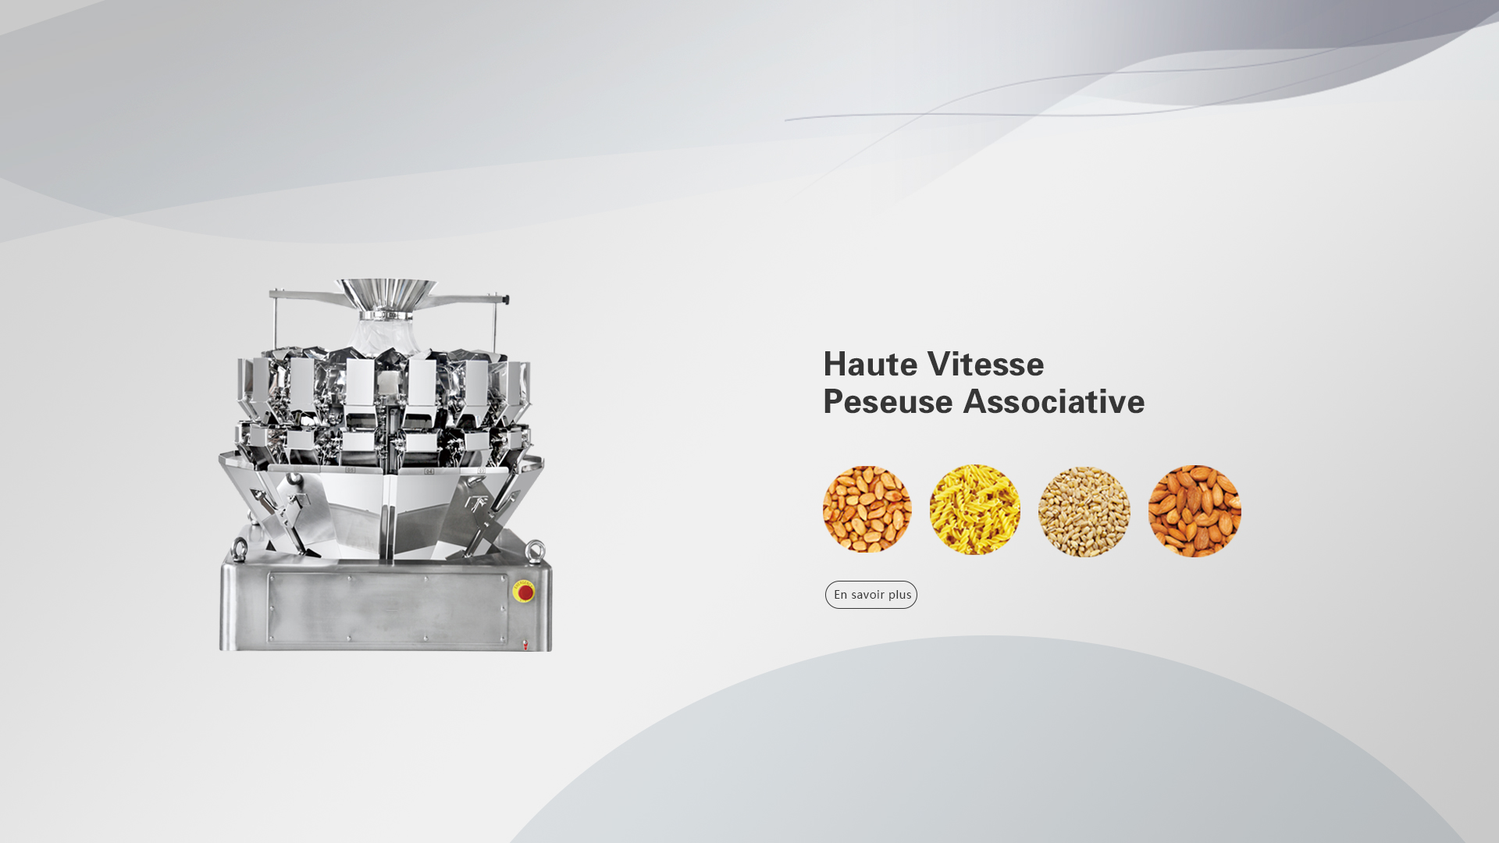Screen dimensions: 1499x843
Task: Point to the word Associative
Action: click(x=1054, y=402)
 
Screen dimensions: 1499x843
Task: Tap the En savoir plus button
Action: click(x=871, y=595)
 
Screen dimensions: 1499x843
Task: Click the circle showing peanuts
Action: click(x=867, y=509)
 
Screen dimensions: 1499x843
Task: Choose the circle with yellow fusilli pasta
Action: click(x=975, y=510)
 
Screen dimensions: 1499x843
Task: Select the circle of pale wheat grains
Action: click(x=1084, y=511)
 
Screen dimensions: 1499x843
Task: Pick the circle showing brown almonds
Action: click(x=1195, y=511)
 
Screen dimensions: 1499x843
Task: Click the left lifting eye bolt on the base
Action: click(x=240, y=547)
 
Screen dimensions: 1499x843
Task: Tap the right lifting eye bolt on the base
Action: click(x=536, y=551)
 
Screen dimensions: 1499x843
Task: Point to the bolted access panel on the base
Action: click(x=388, y=610)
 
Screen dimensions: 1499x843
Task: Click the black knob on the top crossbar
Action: click(x=507, y=300)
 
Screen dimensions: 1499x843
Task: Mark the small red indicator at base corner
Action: click(x=525, y=645)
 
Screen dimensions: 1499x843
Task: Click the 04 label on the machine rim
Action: click(x=429, y=471)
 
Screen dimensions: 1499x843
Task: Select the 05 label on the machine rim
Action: click(x=351, y=470)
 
